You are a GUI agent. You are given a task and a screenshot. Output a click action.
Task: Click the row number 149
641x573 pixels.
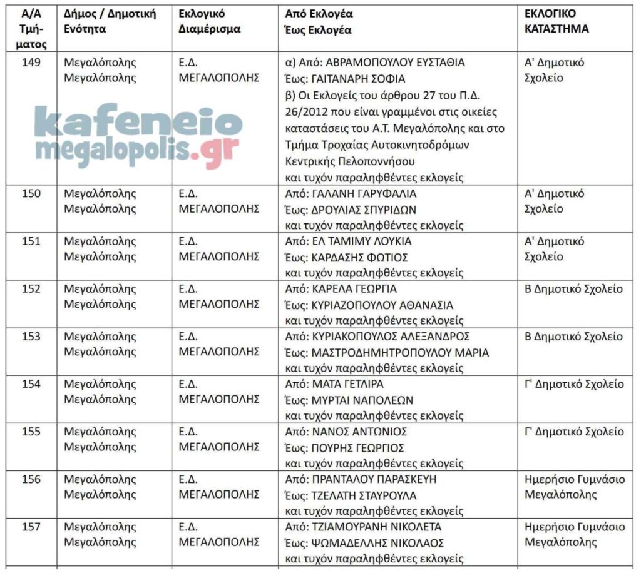pos(31,63)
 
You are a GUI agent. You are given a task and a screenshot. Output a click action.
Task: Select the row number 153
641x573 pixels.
pos(31,337)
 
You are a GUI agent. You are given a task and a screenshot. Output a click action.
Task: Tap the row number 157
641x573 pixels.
pos(31,527)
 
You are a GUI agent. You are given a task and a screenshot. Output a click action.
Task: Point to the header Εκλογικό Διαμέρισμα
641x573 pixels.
pos(209,21)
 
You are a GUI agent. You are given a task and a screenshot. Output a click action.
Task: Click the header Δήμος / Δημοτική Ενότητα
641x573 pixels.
pos(110,21)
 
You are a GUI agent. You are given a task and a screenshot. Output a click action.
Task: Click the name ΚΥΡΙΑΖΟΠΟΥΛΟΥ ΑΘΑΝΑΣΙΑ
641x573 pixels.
pos(382,305)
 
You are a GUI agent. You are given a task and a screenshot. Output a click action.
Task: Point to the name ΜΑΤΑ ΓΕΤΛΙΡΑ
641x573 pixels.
pos(347,384)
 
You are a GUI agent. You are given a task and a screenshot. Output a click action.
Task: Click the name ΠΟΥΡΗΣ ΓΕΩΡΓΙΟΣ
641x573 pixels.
pos(357,448)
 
